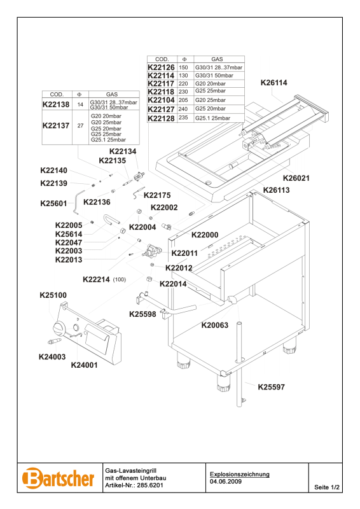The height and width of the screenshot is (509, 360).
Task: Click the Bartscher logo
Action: (58, 478)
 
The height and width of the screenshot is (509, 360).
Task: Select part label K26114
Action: (274, 83)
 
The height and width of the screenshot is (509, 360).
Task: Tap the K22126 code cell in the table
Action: (161, 67)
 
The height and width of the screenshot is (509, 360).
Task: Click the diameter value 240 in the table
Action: (183, 109)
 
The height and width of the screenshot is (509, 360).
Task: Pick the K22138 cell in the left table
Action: (56, 104)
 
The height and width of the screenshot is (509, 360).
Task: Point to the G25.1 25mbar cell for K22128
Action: (212, 118)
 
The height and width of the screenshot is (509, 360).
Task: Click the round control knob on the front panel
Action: (59, 328)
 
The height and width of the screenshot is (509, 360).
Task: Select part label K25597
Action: (272, 387)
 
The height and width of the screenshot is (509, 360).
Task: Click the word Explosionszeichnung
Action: (240, 474)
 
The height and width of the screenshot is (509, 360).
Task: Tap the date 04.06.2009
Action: (226, 482)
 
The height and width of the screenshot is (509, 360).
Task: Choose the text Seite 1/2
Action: (327, 487)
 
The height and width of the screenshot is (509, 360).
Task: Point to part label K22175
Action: (157, 195)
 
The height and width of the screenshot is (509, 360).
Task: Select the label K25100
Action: (53, 295)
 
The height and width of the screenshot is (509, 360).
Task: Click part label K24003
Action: (52, 357)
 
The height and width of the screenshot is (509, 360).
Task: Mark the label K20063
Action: (215, 325)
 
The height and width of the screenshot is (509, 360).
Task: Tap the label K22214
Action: (97, 279)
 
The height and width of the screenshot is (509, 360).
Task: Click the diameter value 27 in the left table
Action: (80, 125)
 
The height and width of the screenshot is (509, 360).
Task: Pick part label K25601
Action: (53, 204)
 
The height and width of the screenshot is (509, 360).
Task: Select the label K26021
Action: (296, 178)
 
